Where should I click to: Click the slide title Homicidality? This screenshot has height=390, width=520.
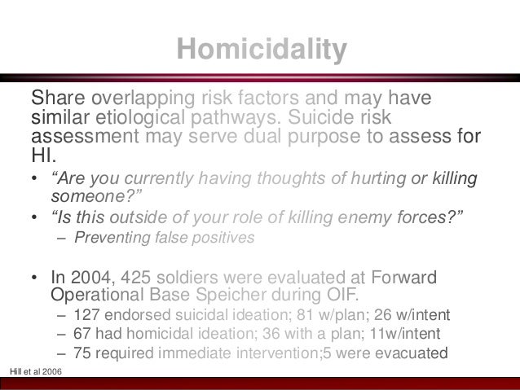[262, 50]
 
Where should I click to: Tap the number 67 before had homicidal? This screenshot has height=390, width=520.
[82, 334]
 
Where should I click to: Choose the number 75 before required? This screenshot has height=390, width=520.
[82, 353]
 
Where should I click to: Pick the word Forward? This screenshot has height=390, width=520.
[407, 275]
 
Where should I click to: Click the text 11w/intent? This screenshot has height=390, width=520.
[412, 334]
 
